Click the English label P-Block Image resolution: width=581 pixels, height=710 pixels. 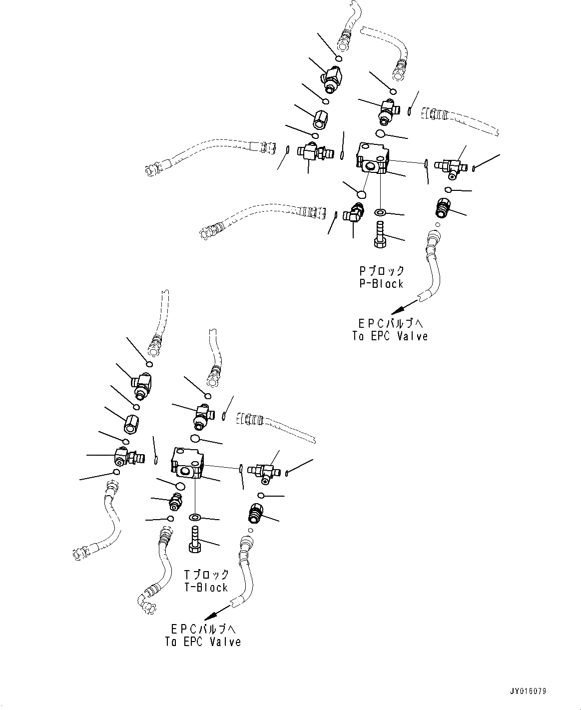(x=381, y=284)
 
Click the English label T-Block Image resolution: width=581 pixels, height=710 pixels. (x=206, y=588)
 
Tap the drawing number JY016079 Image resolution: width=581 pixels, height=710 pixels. (x=528, y=692)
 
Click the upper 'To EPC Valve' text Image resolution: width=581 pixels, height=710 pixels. (x=390, y=336)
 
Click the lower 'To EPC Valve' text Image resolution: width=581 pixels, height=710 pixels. (x=203, y=642)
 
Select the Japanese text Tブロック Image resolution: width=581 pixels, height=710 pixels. (x=206, y=575)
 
